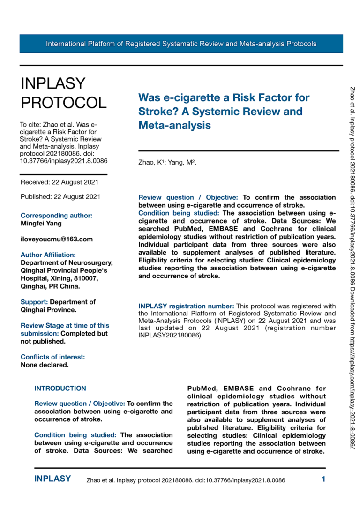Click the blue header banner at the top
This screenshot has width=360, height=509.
181,44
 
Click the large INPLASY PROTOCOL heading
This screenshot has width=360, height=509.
63,92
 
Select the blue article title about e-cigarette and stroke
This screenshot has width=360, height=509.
224,112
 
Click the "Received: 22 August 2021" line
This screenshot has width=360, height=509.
60,182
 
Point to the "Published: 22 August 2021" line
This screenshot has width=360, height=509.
60,197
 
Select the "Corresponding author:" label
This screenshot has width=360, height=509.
56,216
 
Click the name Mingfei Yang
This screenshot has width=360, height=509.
41,224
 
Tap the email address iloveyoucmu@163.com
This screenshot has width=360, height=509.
57,239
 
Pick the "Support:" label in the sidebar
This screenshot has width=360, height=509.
35,302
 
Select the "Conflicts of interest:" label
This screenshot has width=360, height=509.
52,357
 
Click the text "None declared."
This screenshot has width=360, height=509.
45,365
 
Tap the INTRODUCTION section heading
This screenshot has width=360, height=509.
60,388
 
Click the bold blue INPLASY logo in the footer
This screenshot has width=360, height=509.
53,479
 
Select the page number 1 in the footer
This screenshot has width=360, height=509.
323,479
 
